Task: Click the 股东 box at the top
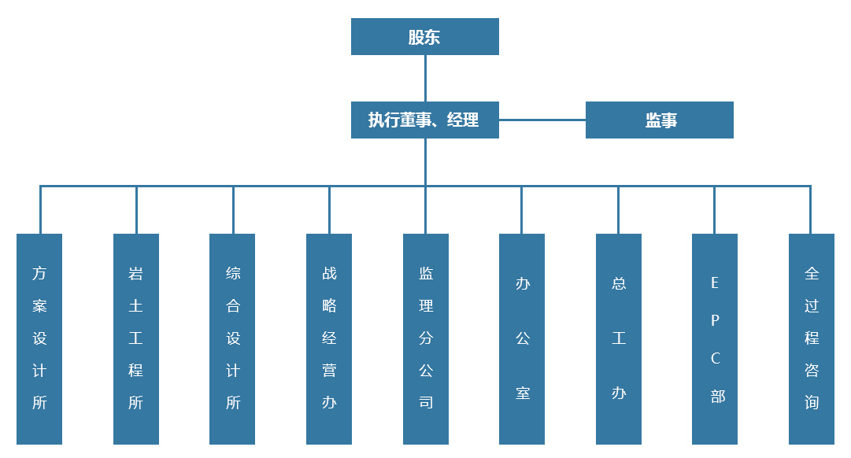[424, 37]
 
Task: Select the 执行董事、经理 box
[424, 120]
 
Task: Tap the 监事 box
[660, 120]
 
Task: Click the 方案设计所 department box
[39, 338]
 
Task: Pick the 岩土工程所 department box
[136, 338]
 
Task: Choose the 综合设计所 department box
[232, 338]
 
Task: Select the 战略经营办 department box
[329, 338]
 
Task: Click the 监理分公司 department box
[426, 338]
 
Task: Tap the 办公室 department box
[522, 338]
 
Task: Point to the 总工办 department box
[619, 338]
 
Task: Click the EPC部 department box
[715, 338]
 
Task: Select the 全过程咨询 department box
[812, 338]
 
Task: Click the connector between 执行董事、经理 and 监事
[542, 120]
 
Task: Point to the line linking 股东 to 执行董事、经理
[425, 79]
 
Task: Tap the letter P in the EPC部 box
[715, 320]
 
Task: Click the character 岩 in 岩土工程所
[136, 274]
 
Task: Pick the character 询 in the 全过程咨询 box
[812, 403]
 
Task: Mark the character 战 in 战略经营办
[329, 274]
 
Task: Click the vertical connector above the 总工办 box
[619, 210]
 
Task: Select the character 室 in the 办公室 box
[523, 393]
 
